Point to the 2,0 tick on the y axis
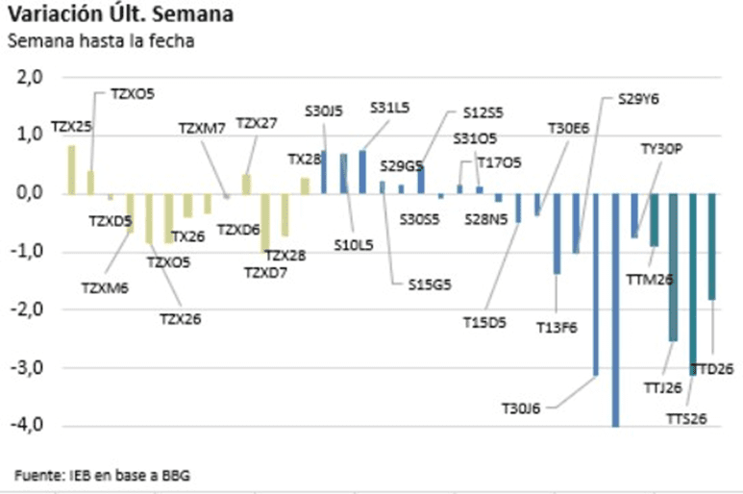pos(33,77)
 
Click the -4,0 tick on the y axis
pos(31,426)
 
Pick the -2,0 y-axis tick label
pos(31,309)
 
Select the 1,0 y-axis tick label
pos(33,135)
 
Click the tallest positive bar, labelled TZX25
pos(71,169)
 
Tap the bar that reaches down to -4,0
pos(615,309)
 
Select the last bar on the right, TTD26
pos(712,247)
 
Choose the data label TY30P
pos(660,149)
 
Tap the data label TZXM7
pos(202,128)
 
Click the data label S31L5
pos(389,108)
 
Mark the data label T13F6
pos(557,328)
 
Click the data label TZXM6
pos(105,286)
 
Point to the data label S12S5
pos(483,112)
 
